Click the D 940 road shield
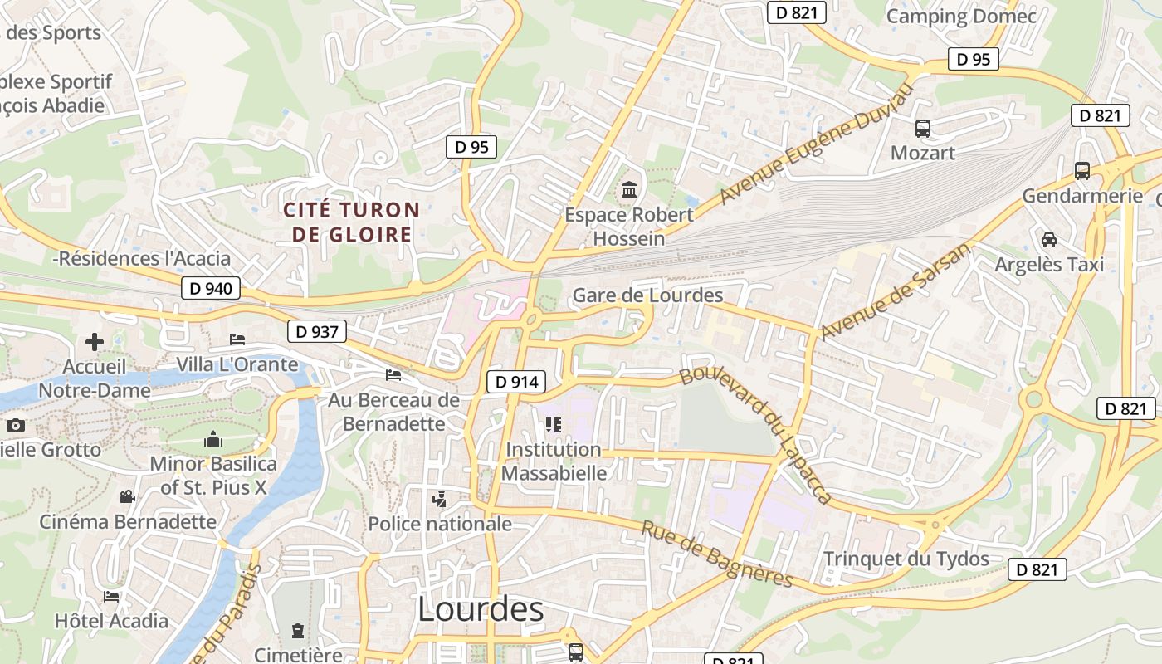tap(211, 289)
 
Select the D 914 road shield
tap(515, 382)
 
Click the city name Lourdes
tap(481, 609)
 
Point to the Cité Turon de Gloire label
tap(352, 222)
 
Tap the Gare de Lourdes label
tap(647, 295)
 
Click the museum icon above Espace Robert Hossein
tap(629, 190)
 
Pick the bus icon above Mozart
tap(923, 129)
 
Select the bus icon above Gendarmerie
tap(1082, 171)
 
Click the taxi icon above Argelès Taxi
tap(1049, 240)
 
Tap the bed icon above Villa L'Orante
tap(237, 339)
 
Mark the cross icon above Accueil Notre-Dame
tap(95, 341)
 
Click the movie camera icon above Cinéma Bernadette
tap(127, 497)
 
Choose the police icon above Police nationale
tap(440, 499)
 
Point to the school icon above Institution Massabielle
tap(554, 425)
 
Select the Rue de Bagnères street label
tap(717, 553)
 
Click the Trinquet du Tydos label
tap(906, 559)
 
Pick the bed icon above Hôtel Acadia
tap(111, 596)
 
